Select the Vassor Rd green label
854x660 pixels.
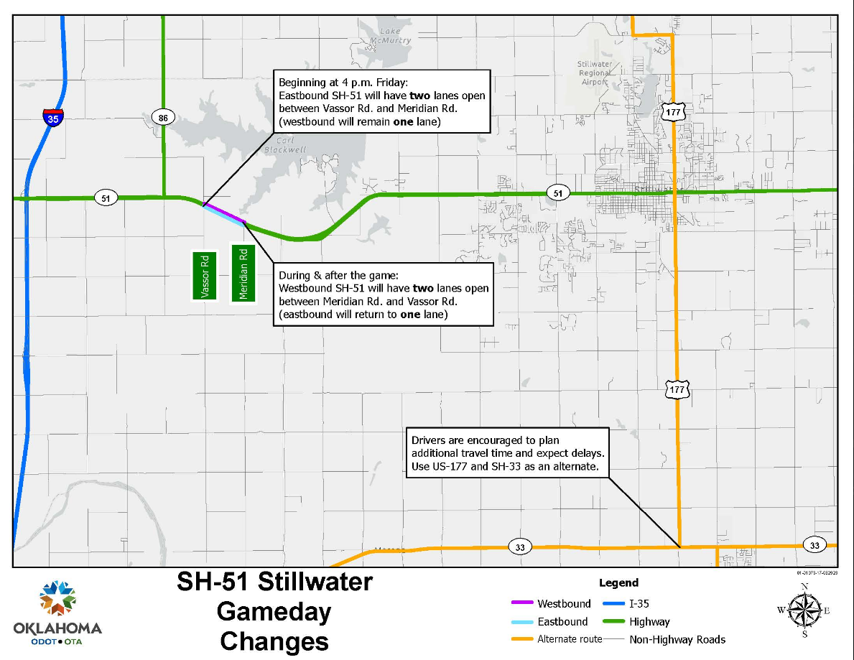[204, 275]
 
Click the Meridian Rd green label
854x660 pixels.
[243, 273]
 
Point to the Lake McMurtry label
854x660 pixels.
[395, 36]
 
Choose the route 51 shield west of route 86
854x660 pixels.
[106, 198]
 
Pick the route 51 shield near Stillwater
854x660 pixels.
[557, 192]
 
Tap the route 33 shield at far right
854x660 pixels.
[814, 545]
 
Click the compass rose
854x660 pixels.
[804, 610]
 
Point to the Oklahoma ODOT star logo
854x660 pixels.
[57, 598]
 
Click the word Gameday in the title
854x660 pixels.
[274, 612]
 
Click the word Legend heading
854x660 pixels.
[618, 582]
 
